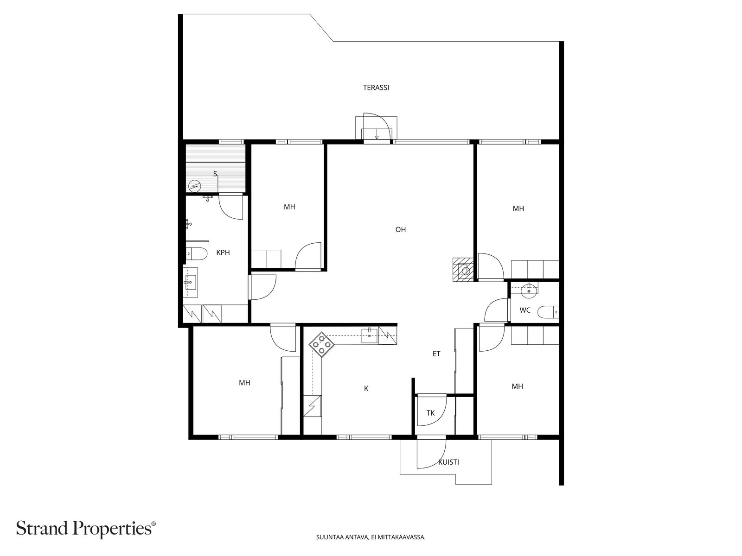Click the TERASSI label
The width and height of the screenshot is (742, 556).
click(x=376, y=88)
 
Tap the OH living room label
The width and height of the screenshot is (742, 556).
click(x=401, y=229)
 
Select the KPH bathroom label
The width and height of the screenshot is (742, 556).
click(x=223, y=253)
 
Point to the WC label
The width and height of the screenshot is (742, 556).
click(x=525, y=310)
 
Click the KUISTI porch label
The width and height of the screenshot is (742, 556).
click(x=448, y=462)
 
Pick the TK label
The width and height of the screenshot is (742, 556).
click(x=431, y=413)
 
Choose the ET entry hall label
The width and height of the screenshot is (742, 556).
click(x=436, y=354)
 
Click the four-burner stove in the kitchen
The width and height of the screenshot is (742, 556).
click(x=321, y=344)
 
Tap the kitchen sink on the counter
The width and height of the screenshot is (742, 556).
click(x=370, y=335)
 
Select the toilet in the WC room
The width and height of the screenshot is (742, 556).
click(x=548, y=312)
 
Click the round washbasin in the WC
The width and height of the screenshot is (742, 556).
click(x=528, y=291)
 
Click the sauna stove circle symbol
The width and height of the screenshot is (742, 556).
click(x=194, y=185)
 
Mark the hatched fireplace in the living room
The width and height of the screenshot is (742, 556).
click(x=463, y=270)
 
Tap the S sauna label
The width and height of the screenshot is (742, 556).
click(x=215, y=174)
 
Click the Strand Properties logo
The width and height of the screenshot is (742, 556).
click(x=86, y=528)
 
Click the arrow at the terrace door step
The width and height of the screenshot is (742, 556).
click(x=377, y=137)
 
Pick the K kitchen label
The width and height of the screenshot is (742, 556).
click(x=366, y=389)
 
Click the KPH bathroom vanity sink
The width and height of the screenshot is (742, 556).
click(x=190, y=282)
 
